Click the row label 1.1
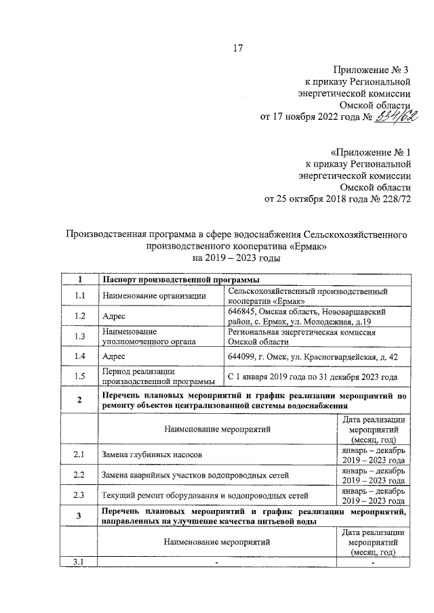[x=80, y=295]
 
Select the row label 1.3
[x=80, y=337]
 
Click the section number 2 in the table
[x=80, y=400]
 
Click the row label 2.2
[x=80, y=475]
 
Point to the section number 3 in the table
[x=80, y=517]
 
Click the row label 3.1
[x=80, y=562]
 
